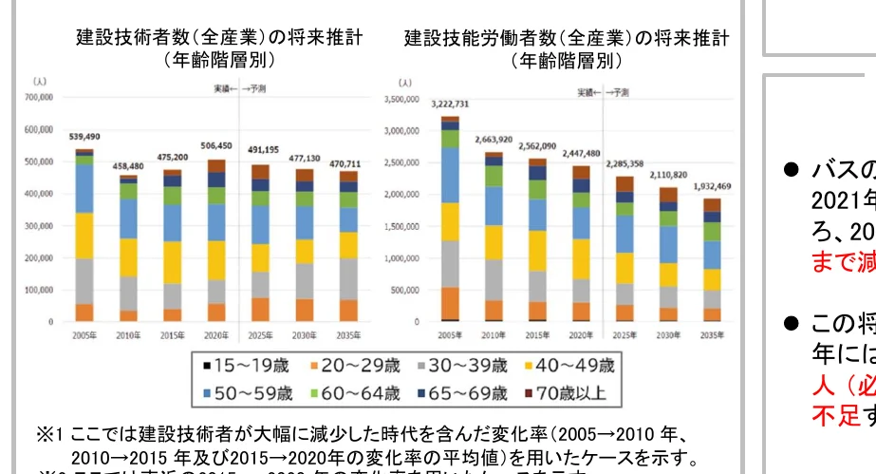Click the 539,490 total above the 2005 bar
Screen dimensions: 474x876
point(84,137)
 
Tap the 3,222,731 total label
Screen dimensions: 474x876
point(450,104)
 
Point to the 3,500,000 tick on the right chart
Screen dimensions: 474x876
point(401,98)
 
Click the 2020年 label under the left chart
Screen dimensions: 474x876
point(217,335)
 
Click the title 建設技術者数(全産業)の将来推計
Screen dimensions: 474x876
point(218,39)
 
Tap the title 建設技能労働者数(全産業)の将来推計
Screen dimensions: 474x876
point(567,39)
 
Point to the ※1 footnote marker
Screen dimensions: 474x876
point(48,435)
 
